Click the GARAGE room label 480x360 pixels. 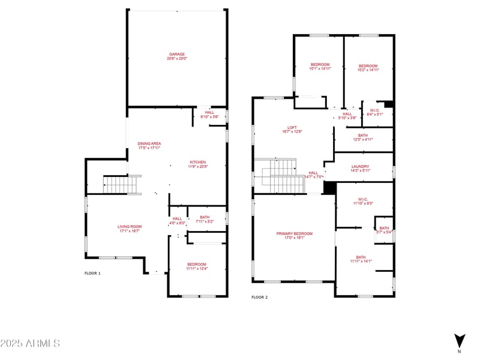click(x=176, y=54)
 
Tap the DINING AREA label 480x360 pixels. click(x=149, y=144)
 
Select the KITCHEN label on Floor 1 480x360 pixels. click(x=198, y=163)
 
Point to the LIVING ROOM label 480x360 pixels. click(x=129, y=226)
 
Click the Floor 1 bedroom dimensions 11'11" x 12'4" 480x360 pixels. click(x=196, y=269)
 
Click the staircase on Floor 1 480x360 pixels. click(x=122, y=184)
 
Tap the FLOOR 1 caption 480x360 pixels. click(x=92, y=273)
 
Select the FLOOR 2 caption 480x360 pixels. click(x=259, y=297)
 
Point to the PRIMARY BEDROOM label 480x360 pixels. click(x=294, y=233)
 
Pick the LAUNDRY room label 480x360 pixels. click(x=361, y=167)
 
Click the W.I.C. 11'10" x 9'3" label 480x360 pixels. click(x=364, y=201)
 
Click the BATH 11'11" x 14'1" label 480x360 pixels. click(x=361, y=259)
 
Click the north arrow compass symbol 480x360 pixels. click(x=459, y=340)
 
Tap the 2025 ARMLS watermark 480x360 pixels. click(x=30, y=344)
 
